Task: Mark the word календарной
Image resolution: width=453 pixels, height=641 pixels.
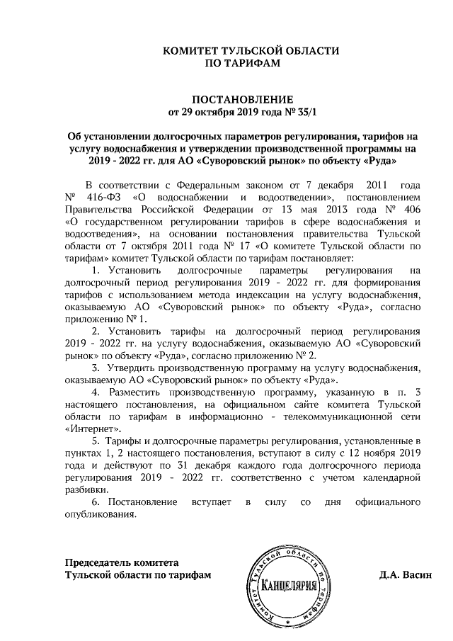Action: click(395, 478)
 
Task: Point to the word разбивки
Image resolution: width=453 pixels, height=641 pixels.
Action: click(86, 490)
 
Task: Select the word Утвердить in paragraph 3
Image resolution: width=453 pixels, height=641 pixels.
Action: click(130, 368)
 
